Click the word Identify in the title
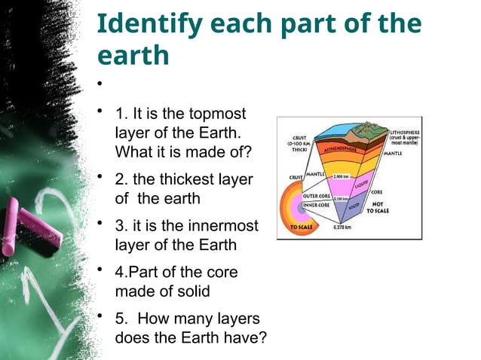[x=143, y=25]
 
